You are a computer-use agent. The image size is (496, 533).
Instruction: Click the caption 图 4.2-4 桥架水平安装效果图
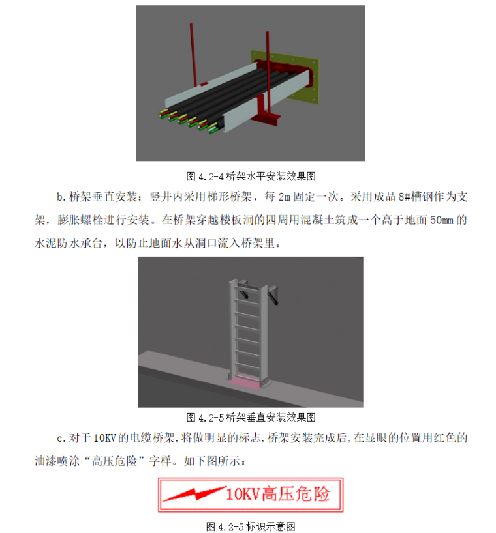coord(251,177)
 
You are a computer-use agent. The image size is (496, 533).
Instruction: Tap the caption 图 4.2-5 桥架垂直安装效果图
coord(251,418)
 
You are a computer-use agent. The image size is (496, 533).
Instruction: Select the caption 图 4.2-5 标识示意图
coord(251,526)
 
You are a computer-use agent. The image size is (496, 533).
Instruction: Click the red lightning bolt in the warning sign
coord(194,493)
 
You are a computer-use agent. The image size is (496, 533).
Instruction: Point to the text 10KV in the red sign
coord(243,494)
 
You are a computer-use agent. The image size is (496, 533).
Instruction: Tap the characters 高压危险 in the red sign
coord(296,494)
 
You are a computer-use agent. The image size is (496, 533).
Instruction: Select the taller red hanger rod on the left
coord(193,54)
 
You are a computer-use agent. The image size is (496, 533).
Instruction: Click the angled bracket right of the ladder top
coord(273,295)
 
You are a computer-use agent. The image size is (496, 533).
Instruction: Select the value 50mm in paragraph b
coord(442,220)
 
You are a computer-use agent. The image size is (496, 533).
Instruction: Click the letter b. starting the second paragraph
coord(61,197)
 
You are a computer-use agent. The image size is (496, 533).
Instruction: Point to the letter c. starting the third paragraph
coord(61,439)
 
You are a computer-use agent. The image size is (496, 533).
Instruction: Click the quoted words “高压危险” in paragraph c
coord(115,461)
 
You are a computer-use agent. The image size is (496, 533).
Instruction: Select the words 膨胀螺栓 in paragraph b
coord(80,220)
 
